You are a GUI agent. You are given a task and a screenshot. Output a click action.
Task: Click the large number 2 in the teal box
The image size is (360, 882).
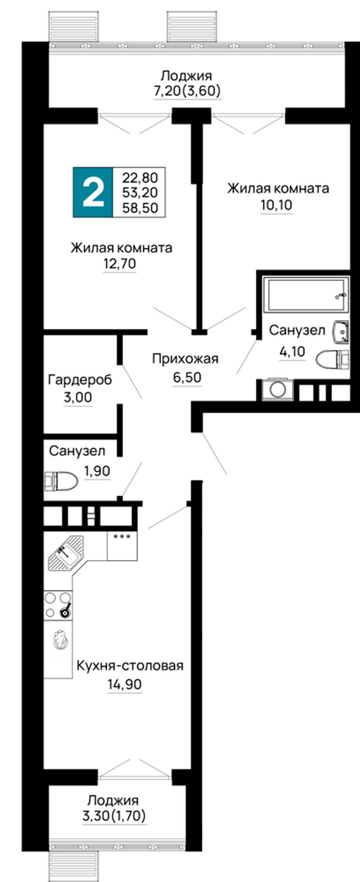93,192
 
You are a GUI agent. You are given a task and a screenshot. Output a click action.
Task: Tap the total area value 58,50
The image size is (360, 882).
140,208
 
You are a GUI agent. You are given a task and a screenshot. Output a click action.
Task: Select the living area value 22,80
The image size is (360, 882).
140,178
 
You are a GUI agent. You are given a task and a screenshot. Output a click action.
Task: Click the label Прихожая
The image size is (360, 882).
185,359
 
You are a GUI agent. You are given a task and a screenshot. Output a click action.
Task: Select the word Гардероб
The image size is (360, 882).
80,380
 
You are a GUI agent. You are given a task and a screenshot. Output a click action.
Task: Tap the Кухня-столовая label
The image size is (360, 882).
130,666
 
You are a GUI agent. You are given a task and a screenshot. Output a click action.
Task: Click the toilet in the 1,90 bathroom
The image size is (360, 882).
61,481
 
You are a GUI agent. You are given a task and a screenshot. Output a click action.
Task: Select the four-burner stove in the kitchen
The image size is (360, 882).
58,605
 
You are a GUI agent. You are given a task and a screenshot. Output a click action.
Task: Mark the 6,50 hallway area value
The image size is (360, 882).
187,377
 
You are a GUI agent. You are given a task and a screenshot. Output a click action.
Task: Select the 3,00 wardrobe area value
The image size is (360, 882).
78,397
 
